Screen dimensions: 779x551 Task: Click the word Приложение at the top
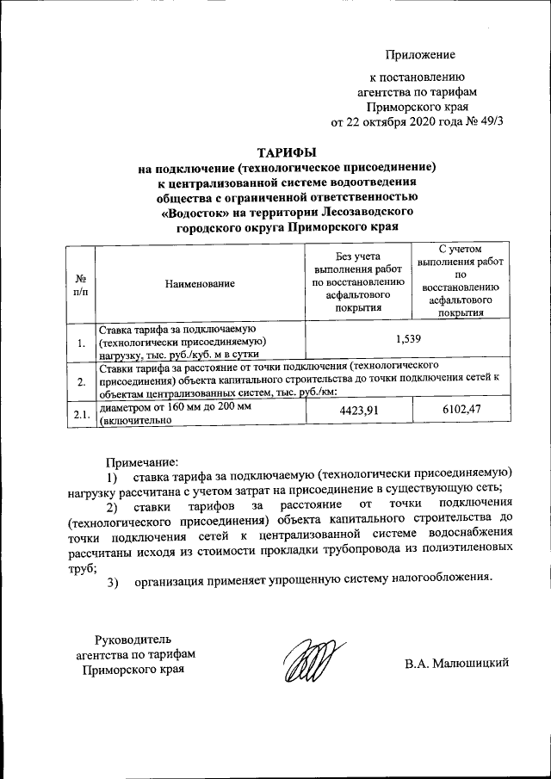pos(419,55)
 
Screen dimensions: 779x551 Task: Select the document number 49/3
pos(486,121)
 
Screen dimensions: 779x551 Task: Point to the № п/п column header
pos(79,282)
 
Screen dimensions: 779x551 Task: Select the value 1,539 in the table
pos(407,340)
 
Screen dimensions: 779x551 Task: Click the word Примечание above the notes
pos(141,462)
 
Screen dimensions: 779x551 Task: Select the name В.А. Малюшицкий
pos(457,662)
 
